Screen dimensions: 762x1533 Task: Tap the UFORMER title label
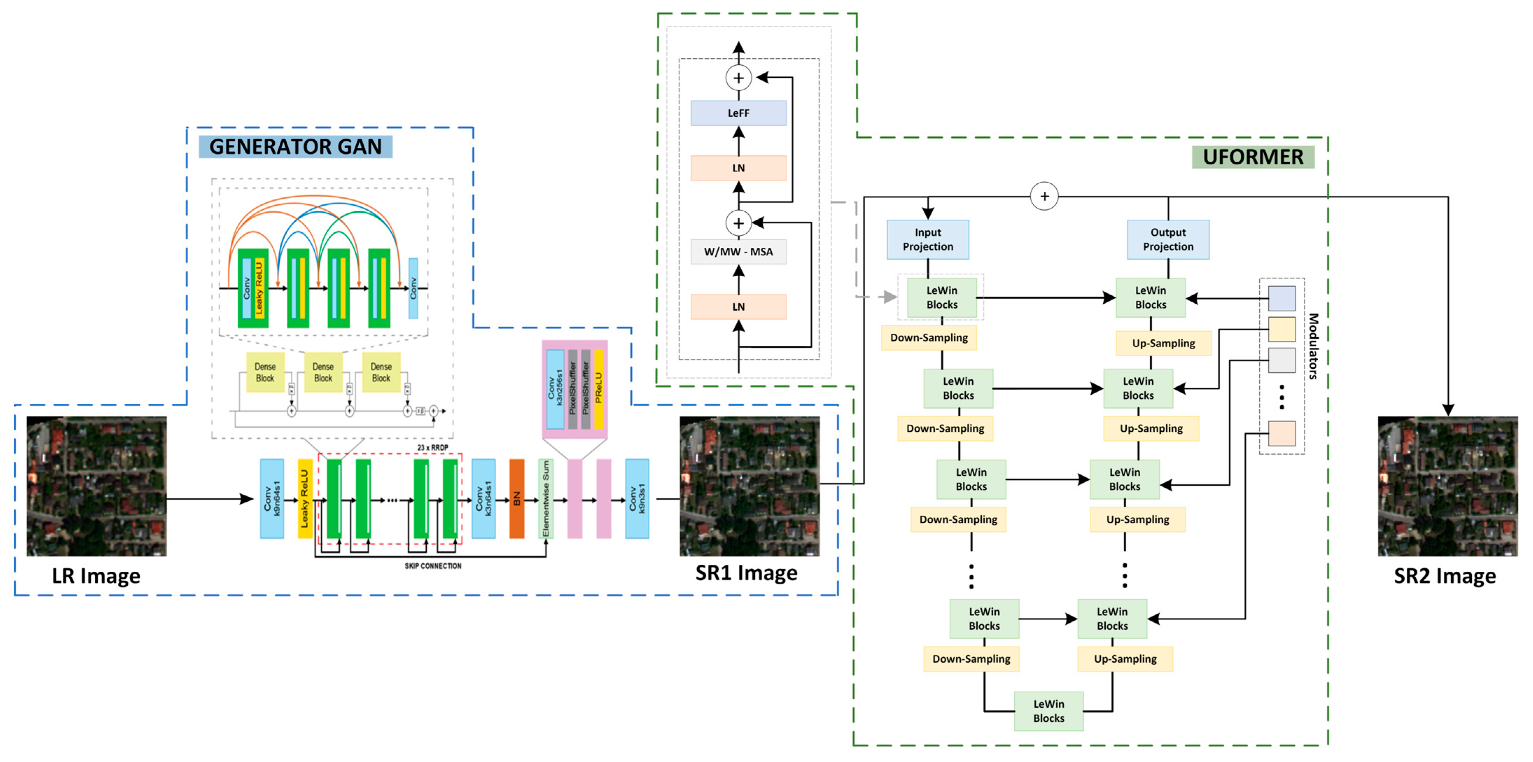[1253, 157]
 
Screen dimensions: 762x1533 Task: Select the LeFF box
[738, 113]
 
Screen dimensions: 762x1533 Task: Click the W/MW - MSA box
[738, 252]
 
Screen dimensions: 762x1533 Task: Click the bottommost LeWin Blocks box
[1049, 711]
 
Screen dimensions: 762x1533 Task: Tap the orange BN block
[517, 499]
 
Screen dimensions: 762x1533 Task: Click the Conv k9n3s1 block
[637, 499]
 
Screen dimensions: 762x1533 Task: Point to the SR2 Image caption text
[1444, 576]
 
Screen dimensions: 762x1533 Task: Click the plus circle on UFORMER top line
[1044, 196]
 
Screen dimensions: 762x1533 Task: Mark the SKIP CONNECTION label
[433, 566]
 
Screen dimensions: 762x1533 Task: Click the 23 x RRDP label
[433, 447]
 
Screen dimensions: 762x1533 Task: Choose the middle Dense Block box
[323, 372]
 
